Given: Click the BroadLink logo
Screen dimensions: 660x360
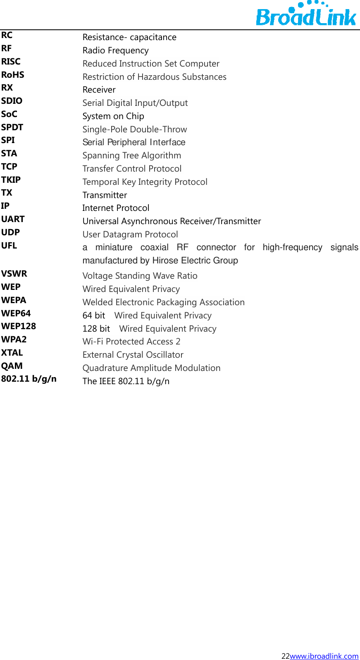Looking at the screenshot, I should (306, 14).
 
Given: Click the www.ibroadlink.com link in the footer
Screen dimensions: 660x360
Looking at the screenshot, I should (324, 656).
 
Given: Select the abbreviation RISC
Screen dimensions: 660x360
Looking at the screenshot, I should (11, 62).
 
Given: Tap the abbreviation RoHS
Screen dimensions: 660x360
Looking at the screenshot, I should (13, 75).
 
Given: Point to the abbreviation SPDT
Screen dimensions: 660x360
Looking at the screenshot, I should (12, 127).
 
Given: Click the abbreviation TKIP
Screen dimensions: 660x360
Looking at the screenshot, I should (11, 180).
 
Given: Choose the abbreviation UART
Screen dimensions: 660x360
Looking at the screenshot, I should (13, 219).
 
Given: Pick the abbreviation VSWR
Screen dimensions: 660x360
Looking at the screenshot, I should (14, 274).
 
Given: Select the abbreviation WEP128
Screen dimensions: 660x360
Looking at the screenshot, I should (19, 326).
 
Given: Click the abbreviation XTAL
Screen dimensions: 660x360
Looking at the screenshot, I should (12, 353).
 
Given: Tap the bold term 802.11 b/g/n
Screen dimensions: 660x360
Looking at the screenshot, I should (29, 379).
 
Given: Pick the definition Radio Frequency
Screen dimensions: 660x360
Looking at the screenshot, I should (116, 50).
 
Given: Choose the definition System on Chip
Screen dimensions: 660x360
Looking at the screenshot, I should (113, 116).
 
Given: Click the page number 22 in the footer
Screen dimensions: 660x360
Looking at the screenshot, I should (286, 656).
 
